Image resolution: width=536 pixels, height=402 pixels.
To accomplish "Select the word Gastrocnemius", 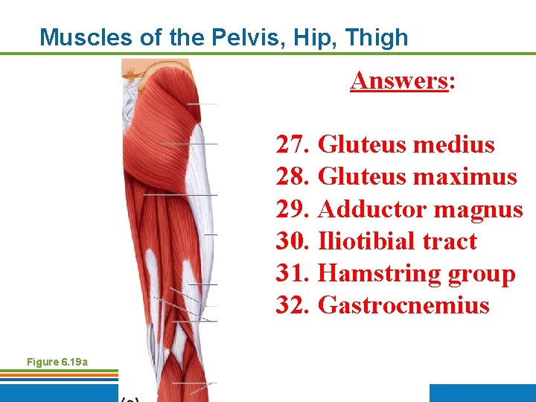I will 403,305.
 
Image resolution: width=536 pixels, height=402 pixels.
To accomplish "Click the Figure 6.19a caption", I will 57,362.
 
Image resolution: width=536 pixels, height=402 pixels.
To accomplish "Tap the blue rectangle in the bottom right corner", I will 482,392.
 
